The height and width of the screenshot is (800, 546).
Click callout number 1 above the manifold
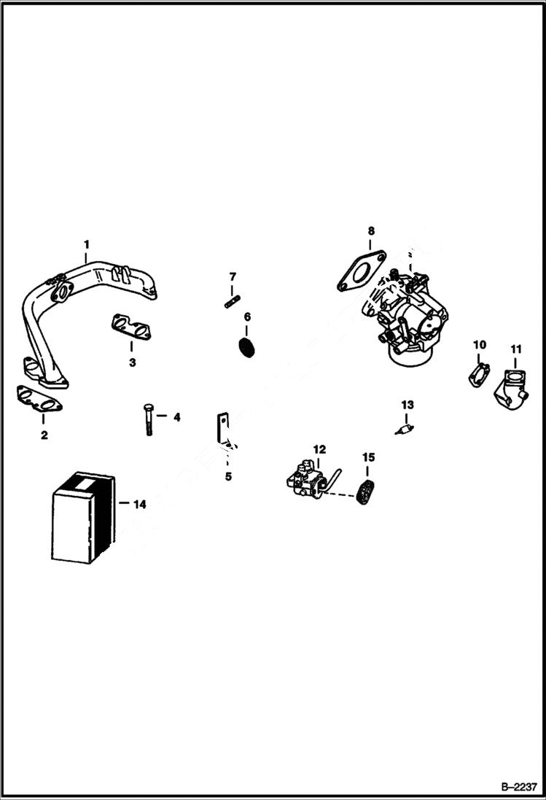pyautogui.click(x=86, y=243)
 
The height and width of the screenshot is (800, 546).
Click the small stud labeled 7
pyautogui.click(x=233, y=299)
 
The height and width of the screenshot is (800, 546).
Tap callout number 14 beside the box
pyautogui.click(x=139, y=504)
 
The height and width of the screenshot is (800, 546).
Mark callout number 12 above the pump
pyautogui.click(x=319, y=449)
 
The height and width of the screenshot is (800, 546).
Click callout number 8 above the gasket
pyautogui.click(x=370, y=231)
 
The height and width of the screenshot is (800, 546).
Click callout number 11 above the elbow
pyautogui.click(x=515, y=349)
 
